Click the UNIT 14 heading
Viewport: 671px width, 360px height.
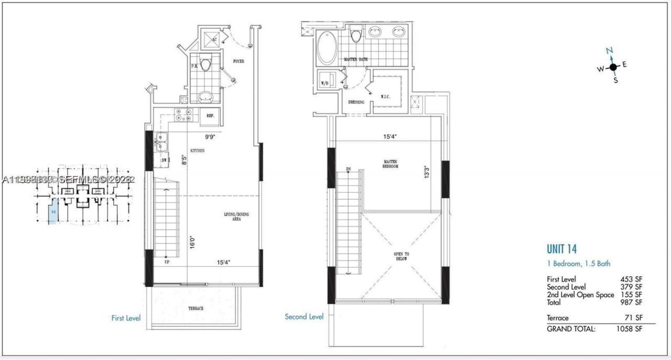tap(561, 249)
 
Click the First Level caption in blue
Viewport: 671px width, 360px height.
tap(126, 318)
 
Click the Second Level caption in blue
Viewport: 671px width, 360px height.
tap(304, 317)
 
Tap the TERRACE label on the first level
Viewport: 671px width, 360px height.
tap(193, 309)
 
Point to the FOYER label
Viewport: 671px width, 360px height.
tap(239, 61)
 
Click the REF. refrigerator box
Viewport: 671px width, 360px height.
tap(210, 116)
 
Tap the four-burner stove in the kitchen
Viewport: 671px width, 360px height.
tap(185, 115)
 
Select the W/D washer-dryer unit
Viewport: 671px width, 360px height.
tap(326, 83)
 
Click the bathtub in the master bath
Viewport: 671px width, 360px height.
tap(327, 48)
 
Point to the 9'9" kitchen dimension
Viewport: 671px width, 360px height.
tap(210, 136)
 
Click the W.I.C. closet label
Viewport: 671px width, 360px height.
tap(385, 96)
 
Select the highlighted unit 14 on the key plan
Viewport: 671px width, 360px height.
tap(52, 214)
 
